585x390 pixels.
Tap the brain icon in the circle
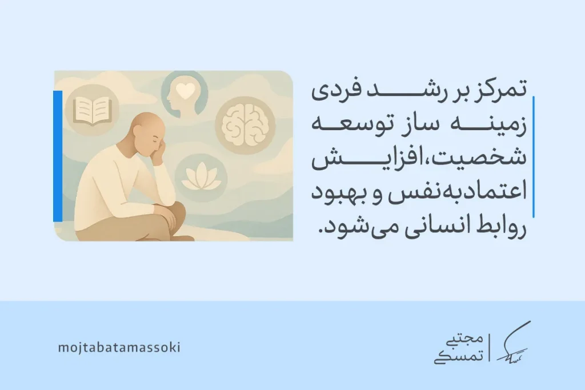[x=241, y=122]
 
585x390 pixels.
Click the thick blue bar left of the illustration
[x=57, y=155]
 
